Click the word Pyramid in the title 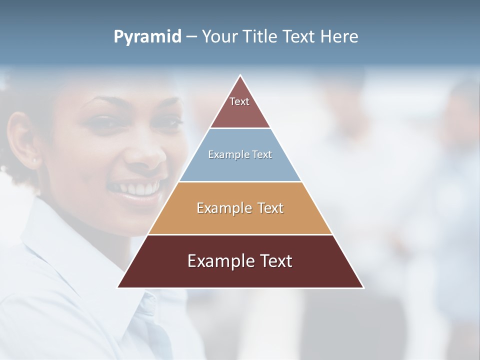(147, 37)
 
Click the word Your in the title (219, 36)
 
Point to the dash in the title (191, 37)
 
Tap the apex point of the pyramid (240, 76)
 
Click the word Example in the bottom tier (218, 261)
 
